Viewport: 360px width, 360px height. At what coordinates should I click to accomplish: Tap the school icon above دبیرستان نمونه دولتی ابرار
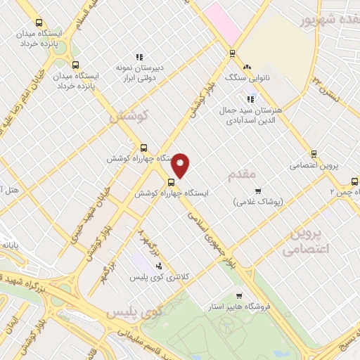pyautogui.click(x=139, y=57)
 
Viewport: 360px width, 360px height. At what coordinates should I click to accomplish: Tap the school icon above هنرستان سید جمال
pyautogui.click(x=250, y=99)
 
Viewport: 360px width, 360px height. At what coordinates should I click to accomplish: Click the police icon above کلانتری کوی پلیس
pyautogui.click(x=158, y=266)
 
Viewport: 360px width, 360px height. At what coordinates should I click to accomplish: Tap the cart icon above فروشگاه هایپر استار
pyautogui.click(x=240, y=296)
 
